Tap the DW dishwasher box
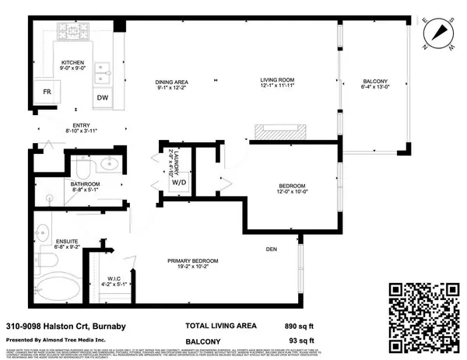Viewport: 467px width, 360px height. tap(103, 97)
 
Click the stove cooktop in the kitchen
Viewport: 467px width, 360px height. tap(75, 33)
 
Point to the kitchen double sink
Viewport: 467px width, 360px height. tap(103, 72)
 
